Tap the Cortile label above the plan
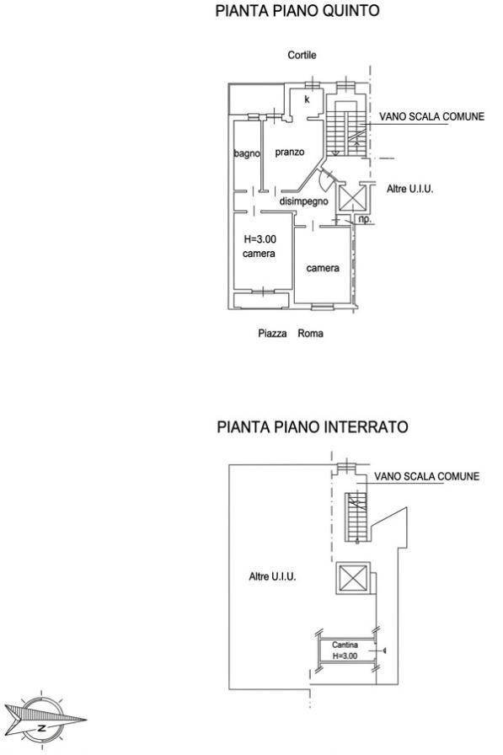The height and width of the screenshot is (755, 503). tap(302, 55)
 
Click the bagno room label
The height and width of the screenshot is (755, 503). tap(247, 153)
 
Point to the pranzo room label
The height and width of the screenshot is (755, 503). tap(289, 153)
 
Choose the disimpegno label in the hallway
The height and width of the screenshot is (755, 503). tap(303, 202)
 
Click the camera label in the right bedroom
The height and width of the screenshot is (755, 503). tap(323, 268)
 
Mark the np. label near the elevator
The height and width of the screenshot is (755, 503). tap(364, 219)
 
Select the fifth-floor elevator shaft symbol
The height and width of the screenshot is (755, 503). tap(350, 198)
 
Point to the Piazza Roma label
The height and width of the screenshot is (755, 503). tap(290, 334)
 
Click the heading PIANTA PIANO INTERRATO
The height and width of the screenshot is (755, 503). tap(313, 427)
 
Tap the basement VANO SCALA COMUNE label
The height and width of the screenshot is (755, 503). tap(427, 476)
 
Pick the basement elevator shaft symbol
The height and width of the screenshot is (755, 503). tap(352, 580)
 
